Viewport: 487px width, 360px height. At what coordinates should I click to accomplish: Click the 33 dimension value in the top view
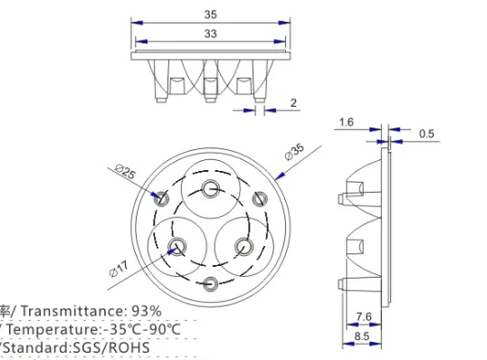[x=211, y=33]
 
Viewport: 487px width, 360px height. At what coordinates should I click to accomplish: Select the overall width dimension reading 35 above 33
[x=211, y=14]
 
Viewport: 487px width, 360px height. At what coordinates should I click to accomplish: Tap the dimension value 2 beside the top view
[x=292, y=102]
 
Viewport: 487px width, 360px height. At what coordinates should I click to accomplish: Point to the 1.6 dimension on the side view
[x=347, y=121]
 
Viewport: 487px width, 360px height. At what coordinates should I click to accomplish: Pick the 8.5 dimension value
[x=362, y=336]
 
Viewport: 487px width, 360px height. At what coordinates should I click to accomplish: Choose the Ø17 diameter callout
[x=119, y=268]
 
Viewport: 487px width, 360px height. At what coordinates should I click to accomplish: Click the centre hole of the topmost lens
[x=211, y=188]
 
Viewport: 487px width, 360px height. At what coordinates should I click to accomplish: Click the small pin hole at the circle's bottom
[x=211, y=282]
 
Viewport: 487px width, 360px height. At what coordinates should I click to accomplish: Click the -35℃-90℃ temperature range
[x=141, y=328]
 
